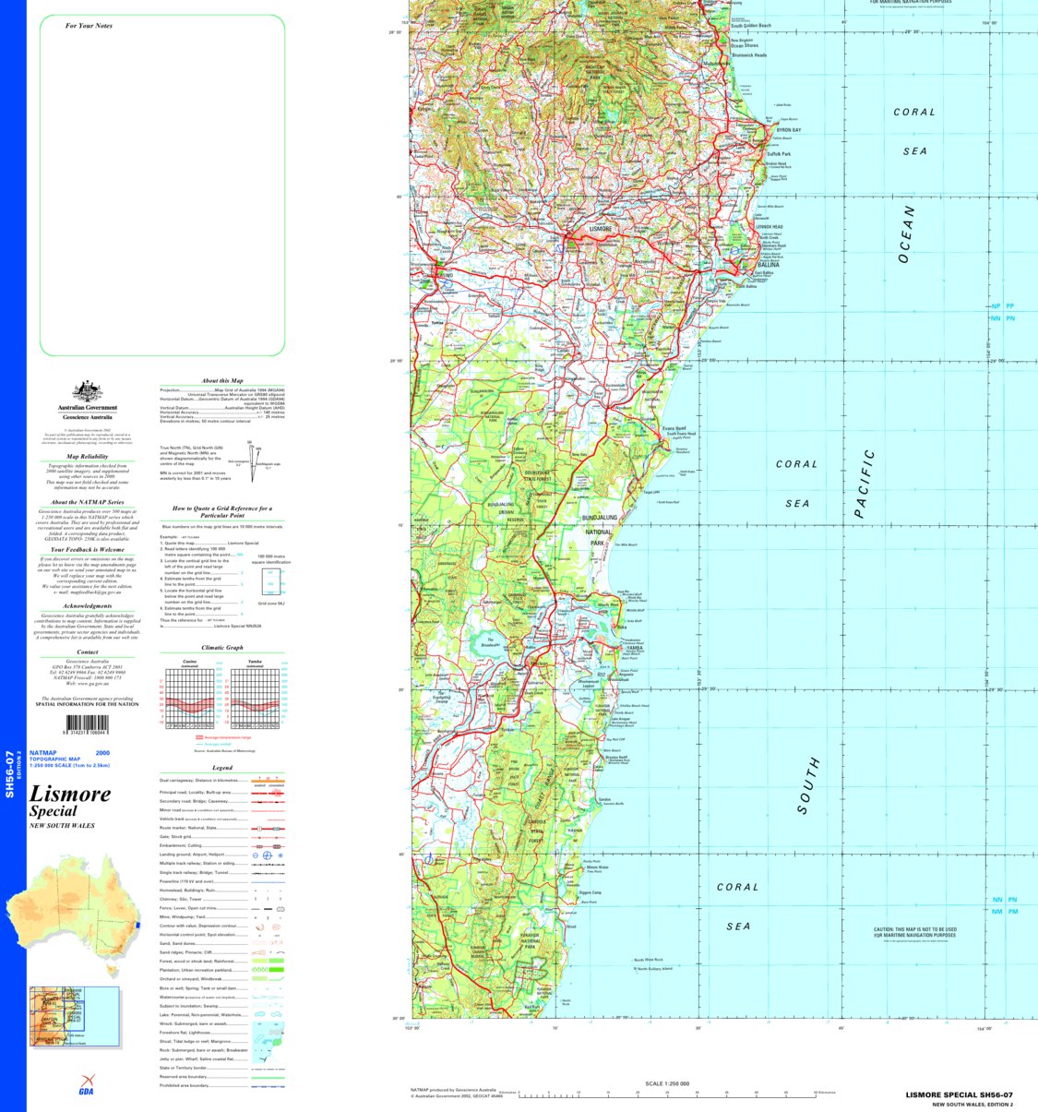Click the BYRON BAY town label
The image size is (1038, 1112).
[788, 130]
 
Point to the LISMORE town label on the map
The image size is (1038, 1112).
[600, 228]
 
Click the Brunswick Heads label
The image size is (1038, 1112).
[749, 55]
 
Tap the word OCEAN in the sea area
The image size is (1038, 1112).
[906, 234]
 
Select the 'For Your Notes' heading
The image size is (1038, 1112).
[89, 26]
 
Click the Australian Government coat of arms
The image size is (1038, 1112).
[87, 391]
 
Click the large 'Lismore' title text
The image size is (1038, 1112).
[70, 794]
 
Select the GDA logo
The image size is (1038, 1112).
[86, 1085]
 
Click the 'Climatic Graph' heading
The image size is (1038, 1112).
[222, 648]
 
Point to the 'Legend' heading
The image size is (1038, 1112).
[222, 768]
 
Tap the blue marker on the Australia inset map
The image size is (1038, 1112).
[137, 925]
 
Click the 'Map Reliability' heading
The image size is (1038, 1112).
[87, 456]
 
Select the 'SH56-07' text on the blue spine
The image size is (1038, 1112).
[9, 773]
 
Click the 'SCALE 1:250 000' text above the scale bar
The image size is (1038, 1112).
[666, 1083]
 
